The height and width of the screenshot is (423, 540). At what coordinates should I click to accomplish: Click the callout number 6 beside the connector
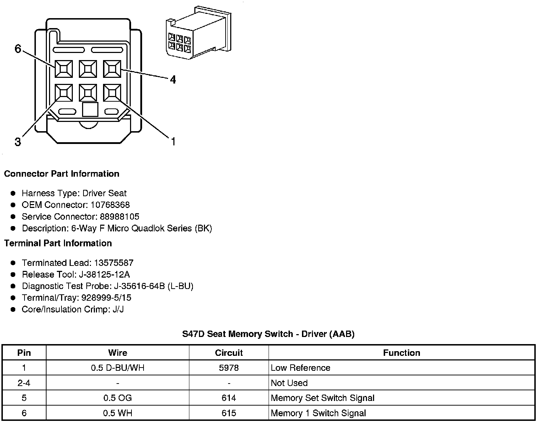click(18, 48)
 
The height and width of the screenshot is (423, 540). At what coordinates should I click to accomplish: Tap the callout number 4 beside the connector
click(173, 80)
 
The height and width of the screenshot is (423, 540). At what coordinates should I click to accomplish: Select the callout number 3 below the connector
click(18, 142)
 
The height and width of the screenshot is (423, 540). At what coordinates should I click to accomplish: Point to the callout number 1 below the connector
click(173, 142)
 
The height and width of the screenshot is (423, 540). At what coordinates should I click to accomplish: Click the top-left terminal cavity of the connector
click(64, 69)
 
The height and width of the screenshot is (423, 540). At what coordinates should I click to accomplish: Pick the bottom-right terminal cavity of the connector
click(112, 93)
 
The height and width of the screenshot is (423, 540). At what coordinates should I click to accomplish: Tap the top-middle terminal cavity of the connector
click(88, 69)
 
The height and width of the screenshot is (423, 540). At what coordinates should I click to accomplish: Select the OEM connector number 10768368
click(110, 205)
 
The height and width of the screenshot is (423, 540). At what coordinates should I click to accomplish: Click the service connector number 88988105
click(119, 217)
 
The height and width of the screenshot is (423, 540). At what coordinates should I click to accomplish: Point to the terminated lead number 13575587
click(114, 263)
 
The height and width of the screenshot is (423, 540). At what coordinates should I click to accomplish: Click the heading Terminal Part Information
click(58, 243)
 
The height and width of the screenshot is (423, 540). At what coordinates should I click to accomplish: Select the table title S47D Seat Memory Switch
click(268, 334)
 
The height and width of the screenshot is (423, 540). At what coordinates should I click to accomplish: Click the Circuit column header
click(229, 353)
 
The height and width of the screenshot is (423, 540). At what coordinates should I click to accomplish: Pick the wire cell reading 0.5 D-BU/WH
click(118, 368)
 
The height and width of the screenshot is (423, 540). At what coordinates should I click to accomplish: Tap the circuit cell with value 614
click(229, 398)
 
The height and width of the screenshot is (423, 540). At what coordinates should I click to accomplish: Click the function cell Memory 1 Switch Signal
click(318, 413)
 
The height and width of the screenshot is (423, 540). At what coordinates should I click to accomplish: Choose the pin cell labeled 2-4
click(24, 383)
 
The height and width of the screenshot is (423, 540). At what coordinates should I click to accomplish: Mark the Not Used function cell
click(289, 383)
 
